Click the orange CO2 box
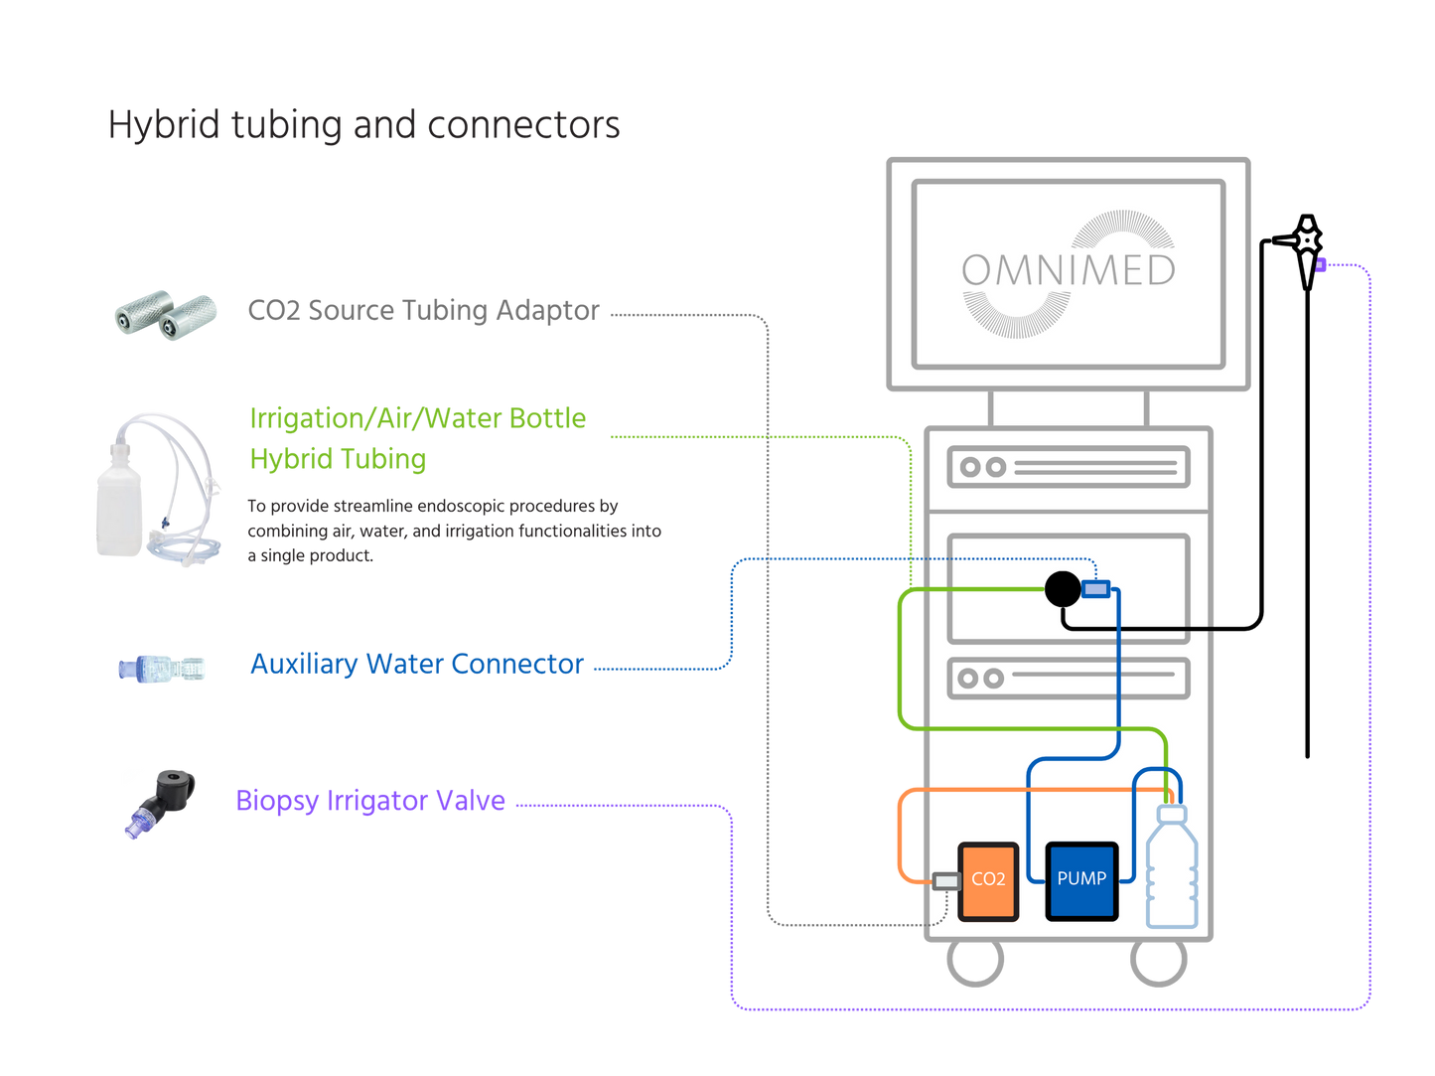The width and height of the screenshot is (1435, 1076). pyautogui.click(x=988, y=880)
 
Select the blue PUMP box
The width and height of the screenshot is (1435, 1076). pyautogui.click(x=1081, y=880)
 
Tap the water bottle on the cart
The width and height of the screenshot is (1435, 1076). pyautogui.click(x=1172, y=869)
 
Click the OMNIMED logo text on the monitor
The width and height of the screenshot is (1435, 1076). pyautogui.click(x=1068, y=270)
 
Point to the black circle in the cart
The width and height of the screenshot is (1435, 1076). pyautogui.click(x=1062, y=589)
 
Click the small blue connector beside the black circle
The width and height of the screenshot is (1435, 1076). pyautogui.click(x=1095, y=590)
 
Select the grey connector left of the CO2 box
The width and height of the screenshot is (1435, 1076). pyautogui.click(x=946, y=880)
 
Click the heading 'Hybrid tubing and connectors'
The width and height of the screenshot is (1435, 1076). pyautogui.click(x=363, y=126)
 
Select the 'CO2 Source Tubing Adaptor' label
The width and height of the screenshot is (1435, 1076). pyautogui.click(x=424, y=311)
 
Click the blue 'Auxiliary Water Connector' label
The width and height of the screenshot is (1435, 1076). pyautogui.click(x=417, y=664)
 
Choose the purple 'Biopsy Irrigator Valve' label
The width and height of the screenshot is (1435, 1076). pyautogui.click(x=370, y=800)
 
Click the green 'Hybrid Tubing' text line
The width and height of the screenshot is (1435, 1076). pyautogui.click(x=339, y=459)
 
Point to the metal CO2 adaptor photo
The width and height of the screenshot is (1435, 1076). pyautogui.click(x=165, y=314)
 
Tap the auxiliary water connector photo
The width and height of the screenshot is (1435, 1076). pyautogui.click(x=163, y=668)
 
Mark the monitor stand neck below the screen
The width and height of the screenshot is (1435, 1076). pyautogui.click(x=1069, y=408)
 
